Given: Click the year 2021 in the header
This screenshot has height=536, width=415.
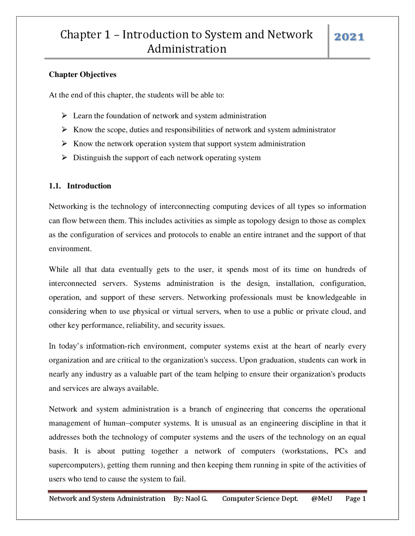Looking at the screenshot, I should (349, 37).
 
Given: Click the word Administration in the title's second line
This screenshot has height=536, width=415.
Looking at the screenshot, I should (187, 49).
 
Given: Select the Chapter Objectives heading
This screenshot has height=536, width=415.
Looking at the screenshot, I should (82, 74).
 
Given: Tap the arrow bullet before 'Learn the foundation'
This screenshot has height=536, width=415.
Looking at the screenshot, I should (64, 116).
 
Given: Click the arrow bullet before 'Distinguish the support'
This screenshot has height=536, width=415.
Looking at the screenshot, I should (64, 158).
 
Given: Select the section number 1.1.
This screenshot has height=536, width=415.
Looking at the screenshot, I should (54, 186).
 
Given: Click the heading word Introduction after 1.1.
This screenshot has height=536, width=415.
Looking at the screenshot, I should (89, 186).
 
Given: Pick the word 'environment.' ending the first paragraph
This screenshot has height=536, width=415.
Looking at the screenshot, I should (70, 249).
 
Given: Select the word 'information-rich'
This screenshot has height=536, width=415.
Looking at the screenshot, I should (113, 346).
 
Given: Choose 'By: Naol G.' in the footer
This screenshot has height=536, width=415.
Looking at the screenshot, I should (190, 499).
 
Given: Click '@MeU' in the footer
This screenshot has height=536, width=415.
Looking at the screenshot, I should (322, 499).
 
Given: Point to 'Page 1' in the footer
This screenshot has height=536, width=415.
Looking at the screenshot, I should (355, 499).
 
